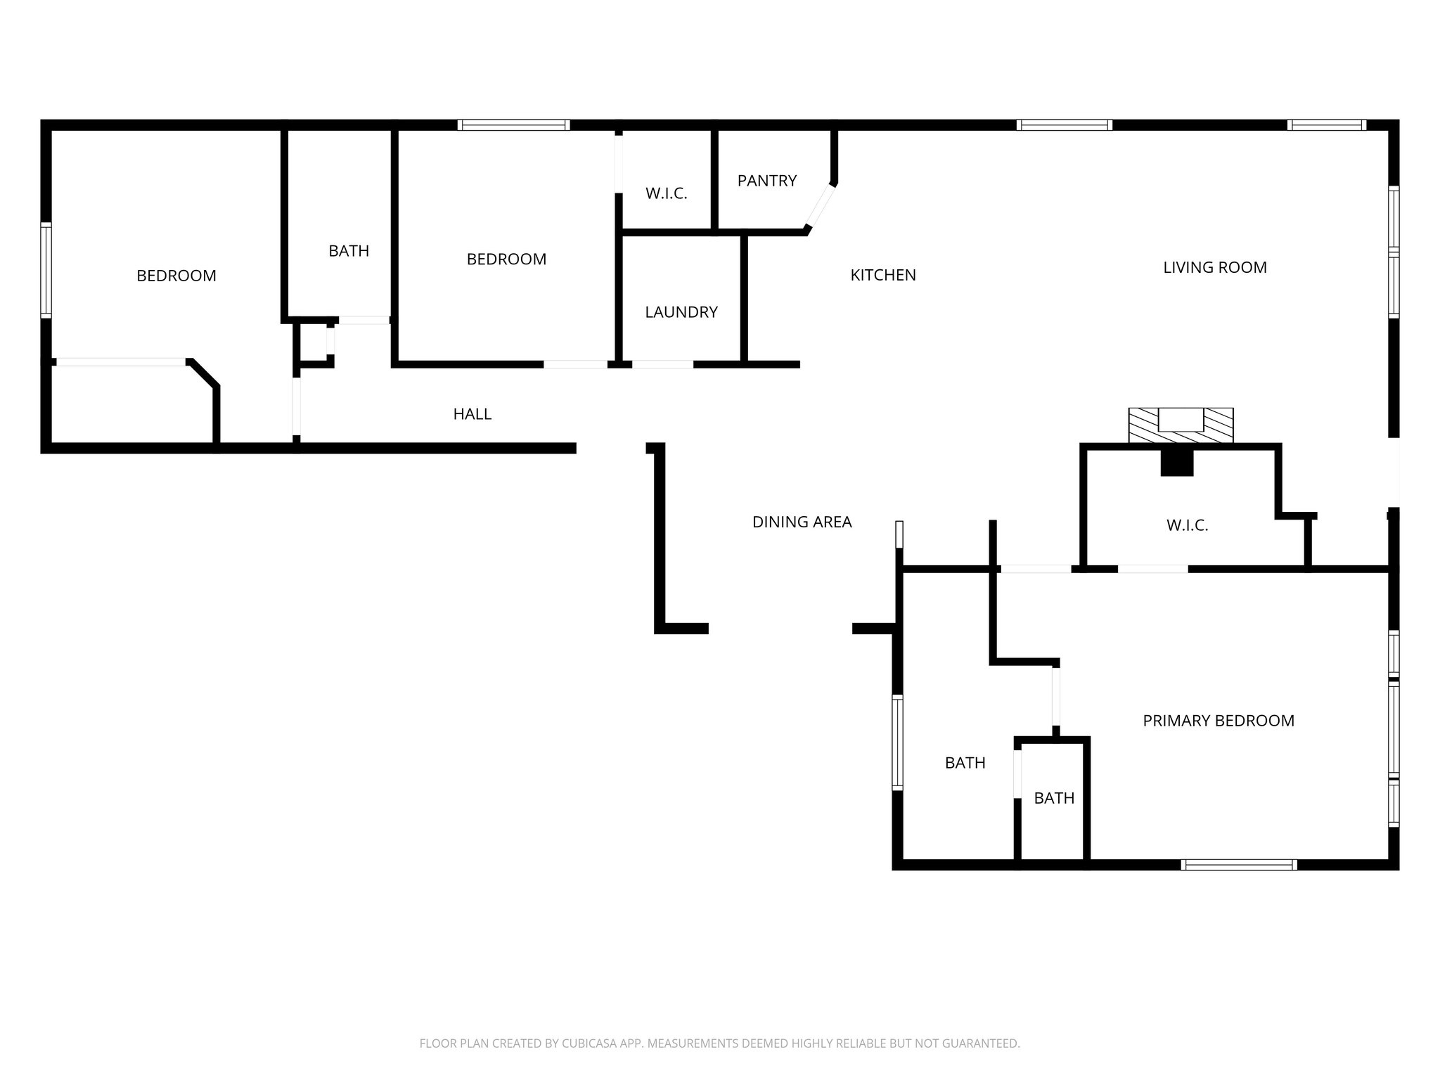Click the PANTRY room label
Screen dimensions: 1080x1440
[x=766, y=181]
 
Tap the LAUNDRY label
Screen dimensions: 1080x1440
[x=681, y=312]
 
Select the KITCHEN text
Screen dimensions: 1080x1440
[x=882, y=275]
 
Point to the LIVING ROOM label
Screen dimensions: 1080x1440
[x=1214, y=267]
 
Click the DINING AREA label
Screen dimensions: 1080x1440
[x=802, y=522]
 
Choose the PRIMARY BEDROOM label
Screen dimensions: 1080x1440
[x=1218, y=721]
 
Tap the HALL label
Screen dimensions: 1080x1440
[x=472, y=414]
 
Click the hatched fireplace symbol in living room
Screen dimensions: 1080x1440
[x=1181, y=426]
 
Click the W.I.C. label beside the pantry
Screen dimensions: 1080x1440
[x=666, y=193]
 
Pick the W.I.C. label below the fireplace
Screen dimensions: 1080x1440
[x=1187, y=525]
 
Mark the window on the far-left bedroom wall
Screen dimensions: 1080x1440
[x=46, y=270]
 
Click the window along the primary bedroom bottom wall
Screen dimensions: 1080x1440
[x=1238, y=865]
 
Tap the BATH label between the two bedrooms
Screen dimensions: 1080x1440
[x=349, y=251]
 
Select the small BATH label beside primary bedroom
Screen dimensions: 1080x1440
[x=1054, y=798]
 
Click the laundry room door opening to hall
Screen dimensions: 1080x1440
[x=662, y=364]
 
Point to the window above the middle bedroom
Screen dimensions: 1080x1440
[x=513, y=125]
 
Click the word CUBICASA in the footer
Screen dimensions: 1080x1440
[x=589, y=1043]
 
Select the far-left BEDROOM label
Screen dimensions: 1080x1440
[x=176, y=276]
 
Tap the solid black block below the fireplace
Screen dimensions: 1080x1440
[x=1176, y=463]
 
